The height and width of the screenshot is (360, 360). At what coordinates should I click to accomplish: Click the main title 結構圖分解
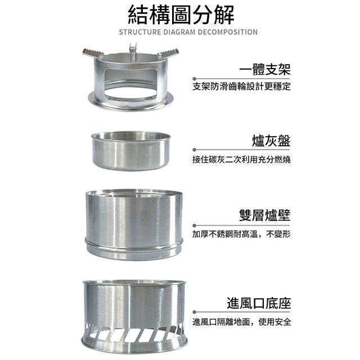pos(181,15)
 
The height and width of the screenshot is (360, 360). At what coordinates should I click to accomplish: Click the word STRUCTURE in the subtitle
pos(140,32)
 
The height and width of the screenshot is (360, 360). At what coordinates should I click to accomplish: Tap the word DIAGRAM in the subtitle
pos(179,32)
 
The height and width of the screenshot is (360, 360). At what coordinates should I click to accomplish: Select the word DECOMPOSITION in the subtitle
pos(227,32)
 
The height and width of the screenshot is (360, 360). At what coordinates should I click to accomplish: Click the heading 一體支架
pos(265,69)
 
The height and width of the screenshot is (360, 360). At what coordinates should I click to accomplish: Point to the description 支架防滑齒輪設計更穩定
pos(241,86)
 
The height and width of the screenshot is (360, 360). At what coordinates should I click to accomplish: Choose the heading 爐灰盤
pos(271,141)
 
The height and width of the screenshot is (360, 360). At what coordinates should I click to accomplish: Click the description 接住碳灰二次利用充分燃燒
pos(241,159)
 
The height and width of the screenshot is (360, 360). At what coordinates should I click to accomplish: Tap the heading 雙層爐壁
pos(265,215)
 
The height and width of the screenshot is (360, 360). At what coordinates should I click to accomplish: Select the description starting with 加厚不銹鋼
pos(241,234)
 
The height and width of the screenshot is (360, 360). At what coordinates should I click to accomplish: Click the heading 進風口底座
pos(259,303)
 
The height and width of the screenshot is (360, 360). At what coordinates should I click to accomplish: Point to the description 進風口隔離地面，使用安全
pos(242,322)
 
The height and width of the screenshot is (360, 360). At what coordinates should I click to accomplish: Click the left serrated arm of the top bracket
pos(93,53)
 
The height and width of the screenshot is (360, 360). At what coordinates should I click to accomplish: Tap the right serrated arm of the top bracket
pos(168,53)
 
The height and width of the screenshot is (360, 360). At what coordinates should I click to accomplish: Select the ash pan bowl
pos(131,151)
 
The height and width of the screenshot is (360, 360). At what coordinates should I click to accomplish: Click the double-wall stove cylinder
pos(134,224)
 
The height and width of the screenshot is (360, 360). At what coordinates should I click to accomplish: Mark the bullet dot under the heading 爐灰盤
pos(195,150)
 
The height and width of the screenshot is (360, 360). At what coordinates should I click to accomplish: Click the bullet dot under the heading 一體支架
pos(195,79)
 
